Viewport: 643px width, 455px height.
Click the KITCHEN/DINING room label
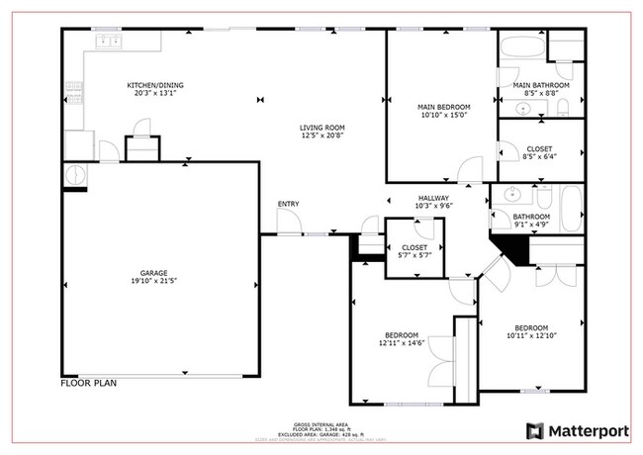(x=154, y=85)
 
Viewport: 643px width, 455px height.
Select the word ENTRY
(x=288, y=204)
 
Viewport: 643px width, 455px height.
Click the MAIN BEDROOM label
(x=443, y=107)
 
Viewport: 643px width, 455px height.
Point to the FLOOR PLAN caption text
(x=90, y=382)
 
